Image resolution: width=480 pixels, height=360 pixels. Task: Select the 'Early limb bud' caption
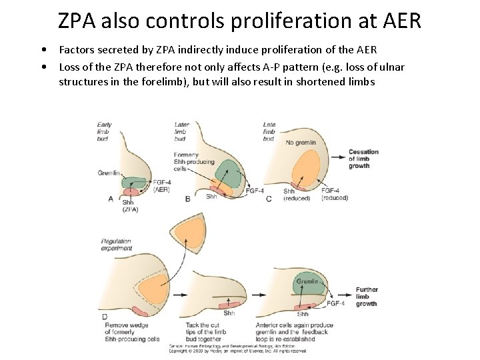(105, 132)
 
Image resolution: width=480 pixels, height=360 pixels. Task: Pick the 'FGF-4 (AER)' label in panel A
(162, 186)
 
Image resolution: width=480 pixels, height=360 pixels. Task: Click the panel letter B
(187, 199)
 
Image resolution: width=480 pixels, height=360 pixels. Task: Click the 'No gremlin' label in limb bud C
(300, 142)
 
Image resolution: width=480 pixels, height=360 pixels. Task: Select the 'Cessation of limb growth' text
(363, 159)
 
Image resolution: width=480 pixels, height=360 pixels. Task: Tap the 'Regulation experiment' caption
(115, 244)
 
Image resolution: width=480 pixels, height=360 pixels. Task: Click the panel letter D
(105, 315)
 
